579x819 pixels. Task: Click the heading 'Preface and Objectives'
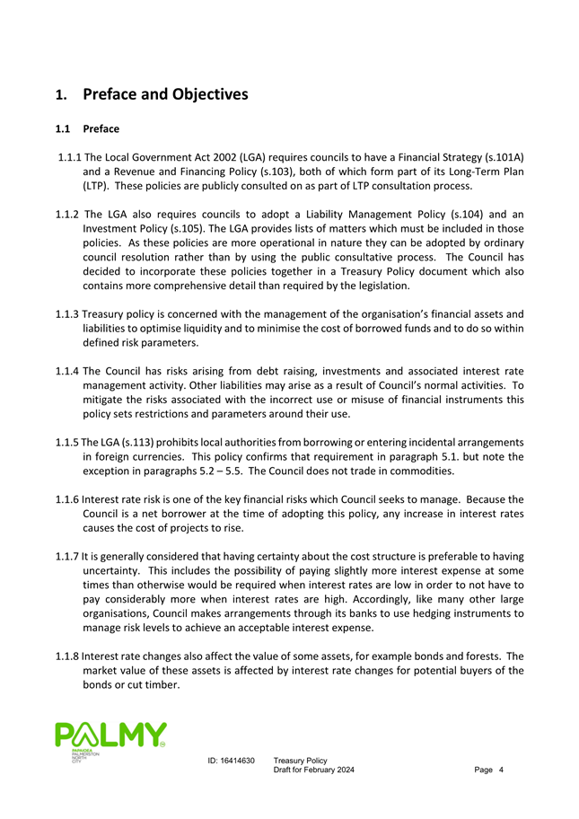point(164,94)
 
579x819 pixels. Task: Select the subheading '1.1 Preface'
point(87,129)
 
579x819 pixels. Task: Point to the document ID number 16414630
point(238,761)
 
